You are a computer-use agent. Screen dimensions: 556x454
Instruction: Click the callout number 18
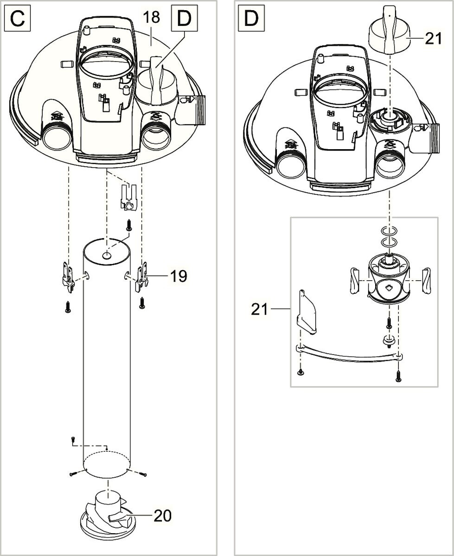pos(152,17)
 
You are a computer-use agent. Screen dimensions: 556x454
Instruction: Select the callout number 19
pos(178,276)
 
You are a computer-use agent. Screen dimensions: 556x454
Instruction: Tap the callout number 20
pos(162,515)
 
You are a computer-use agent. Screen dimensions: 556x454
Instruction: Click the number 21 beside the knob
pos(434,39)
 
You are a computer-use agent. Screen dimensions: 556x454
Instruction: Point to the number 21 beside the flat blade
pos(260,309)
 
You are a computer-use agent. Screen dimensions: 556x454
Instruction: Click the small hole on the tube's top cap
pos(107,255)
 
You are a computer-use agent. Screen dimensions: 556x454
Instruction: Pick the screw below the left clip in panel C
pos(68,307)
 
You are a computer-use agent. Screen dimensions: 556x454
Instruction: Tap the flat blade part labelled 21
pos(306,311)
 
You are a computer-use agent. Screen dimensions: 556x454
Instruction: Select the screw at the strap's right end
pos(398,375)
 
